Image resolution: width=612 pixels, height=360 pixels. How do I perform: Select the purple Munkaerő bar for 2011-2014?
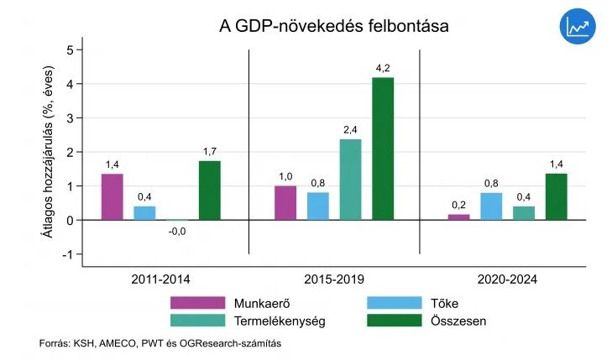(x=112, y=196)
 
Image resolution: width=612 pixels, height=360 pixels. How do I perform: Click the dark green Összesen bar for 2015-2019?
(x=383, y=149)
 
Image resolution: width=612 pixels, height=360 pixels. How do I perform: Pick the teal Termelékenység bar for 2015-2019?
(x=350, y=180)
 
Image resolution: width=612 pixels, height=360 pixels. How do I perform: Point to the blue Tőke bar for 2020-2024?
(x=491, y=206)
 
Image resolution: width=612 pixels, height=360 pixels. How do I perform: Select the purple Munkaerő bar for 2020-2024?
(x=458, y=217)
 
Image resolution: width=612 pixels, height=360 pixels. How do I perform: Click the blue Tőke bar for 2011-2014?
(x=144, y=213)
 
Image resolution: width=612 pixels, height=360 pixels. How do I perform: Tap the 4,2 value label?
(x=383, y=68)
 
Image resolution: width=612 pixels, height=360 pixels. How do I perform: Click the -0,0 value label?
(x=177, y=232)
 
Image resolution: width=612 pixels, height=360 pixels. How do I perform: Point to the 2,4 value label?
(x=350, y=129)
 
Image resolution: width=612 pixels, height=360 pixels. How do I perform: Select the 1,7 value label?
(x=210, y=151)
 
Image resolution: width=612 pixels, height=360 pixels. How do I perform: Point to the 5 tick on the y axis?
(x=69, y=50)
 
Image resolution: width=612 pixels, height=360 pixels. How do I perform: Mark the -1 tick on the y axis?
(x=67, y=254)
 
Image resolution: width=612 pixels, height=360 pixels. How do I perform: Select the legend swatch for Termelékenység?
(x=197, y=321)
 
